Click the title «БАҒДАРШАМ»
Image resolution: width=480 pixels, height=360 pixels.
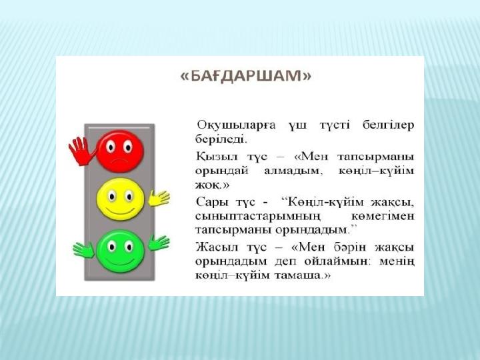point(246,76)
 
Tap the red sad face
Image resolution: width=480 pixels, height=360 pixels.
point(120,151)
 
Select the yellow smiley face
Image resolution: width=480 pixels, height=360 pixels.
point(120,199)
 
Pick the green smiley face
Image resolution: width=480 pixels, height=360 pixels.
point(120,251)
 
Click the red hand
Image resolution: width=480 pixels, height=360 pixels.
point(81,151)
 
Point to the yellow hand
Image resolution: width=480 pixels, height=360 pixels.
point(159,198)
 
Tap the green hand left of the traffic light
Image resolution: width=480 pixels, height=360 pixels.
point(83,250)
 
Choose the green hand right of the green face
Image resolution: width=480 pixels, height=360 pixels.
point(159,243)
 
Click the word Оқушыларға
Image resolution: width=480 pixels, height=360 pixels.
point(236,125)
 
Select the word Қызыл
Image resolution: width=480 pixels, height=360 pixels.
point(217,157)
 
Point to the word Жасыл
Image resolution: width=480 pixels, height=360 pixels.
point(217,247)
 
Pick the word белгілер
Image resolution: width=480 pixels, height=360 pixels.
point(388,125)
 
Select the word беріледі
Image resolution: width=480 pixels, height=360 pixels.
point(221,139)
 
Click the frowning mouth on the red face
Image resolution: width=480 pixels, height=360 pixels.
point(119,161)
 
